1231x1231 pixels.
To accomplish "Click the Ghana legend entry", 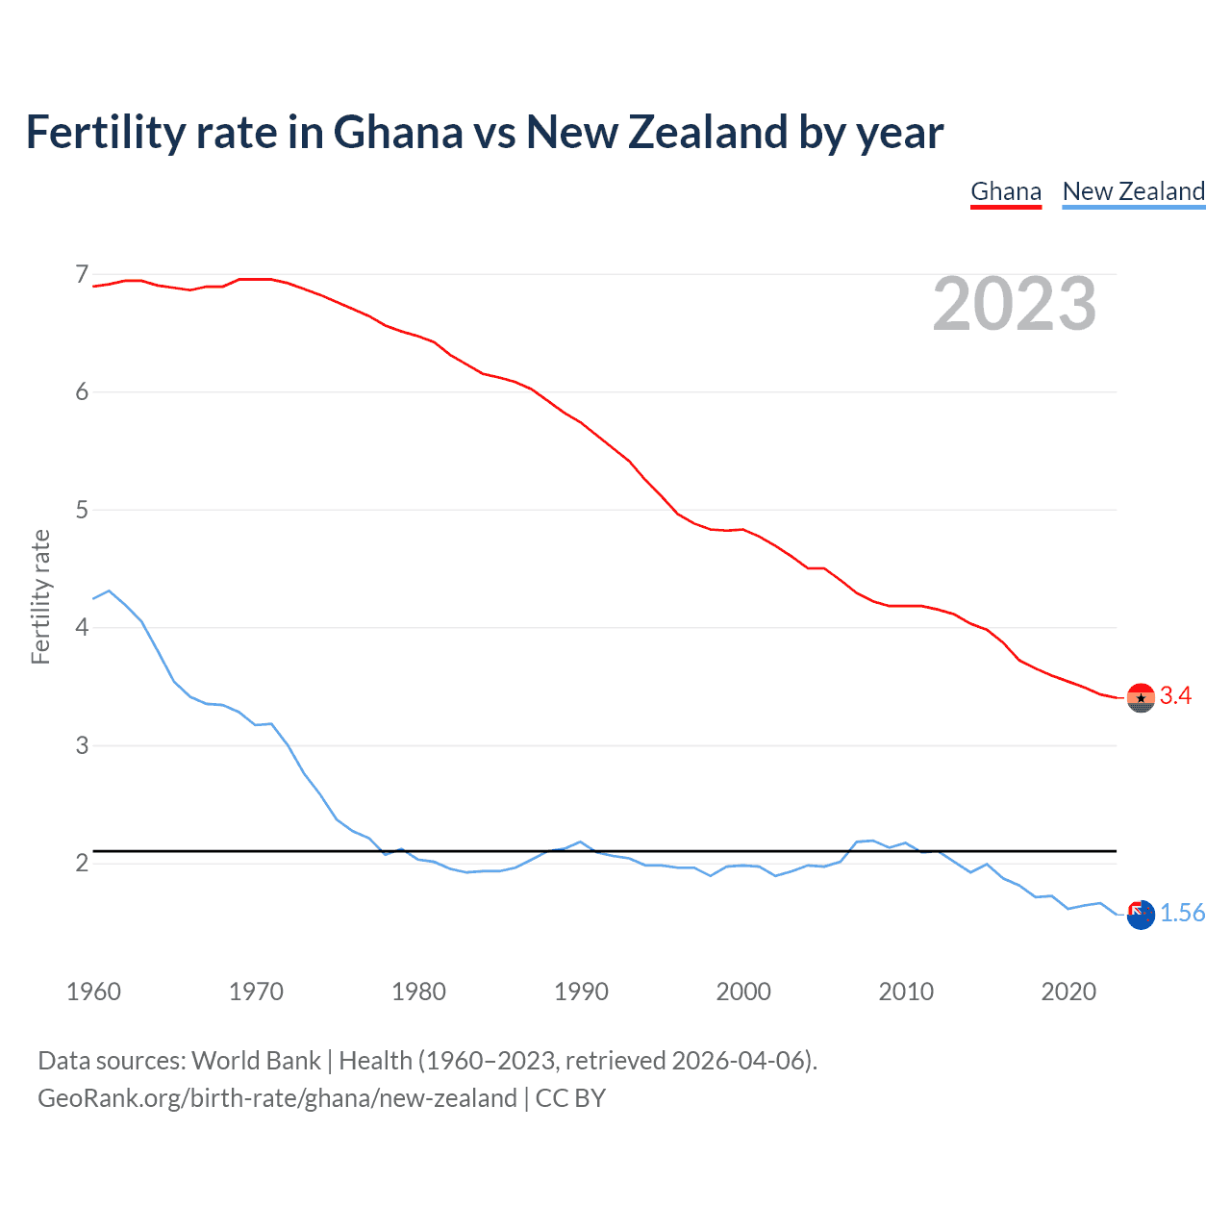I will [x=1006, y=191].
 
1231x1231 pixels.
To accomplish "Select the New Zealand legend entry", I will [x=1133, y=191].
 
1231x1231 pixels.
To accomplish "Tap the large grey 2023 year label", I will [x=1015, y=304].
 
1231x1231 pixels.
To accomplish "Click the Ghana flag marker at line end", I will [x=1141, y=697].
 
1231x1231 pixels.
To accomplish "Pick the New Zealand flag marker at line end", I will [x=1141, y=915].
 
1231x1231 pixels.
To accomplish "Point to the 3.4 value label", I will [x=1175, y=696].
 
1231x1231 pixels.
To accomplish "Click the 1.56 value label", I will [x=1182, y=914].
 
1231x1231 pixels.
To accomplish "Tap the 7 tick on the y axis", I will [x=82, y=275].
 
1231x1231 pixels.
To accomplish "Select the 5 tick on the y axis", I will [x=82, y=510].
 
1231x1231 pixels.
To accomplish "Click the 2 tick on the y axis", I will [x=82, y=863].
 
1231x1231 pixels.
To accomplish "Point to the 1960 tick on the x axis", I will [x=93, y=992].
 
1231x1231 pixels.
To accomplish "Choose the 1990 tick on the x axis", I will [x=581, y=992].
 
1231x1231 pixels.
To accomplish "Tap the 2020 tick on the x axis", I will [x=1068, y=992].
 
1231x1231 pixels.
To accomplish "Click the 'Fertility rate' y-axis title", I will [x=40, y=596].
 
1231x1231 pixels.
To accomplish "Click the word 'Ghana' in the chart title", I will [x=398, y=133].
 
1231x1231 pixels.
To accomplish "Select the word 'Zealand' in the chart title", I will [x=708, y=133].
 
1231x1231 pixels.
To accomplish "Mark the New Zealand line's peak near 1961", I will [x=109, y=590].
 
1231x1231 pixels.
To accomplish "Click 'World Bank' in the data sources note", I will [x=256, y=1061].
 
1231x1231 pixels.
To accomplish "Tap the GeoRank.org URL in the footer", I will [x=277, y=1098].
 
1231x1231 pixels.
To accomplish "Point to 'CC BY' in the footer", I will [x=570, y=1098].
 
